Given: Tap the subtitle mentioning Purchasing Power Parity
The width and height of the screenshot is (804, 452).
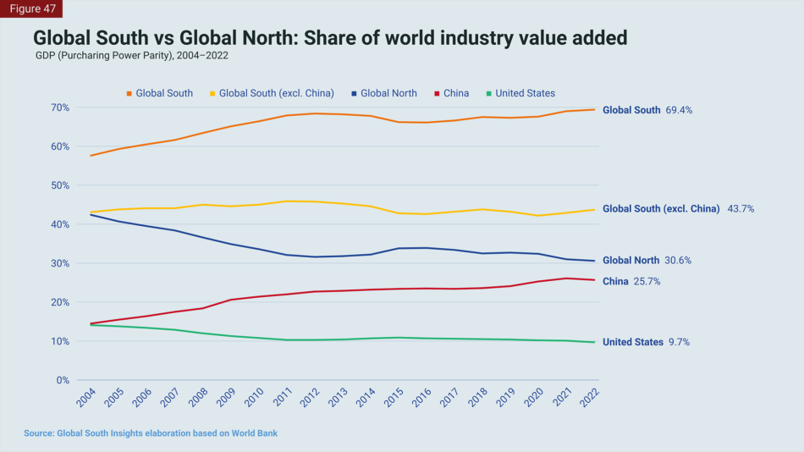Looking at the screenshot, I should point(131,56).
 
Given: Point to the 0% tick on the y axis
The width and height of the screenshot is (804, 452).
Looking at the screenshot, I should point(61,380).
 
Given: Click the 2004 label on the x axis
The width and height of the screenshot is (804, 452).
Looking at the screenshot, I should point(86,399).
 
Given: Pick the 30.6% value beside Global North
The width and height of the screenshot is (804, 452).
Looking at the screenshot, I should point(677,261).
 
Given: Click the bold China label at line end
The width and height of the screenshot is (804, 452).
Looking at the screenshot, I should point(615,281).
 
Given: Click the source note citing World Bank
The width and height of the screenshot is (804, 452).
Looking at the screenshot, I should point(151,433).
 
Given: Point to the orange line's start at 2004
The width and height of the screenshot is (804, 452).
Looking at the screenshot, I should point(91,156).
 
